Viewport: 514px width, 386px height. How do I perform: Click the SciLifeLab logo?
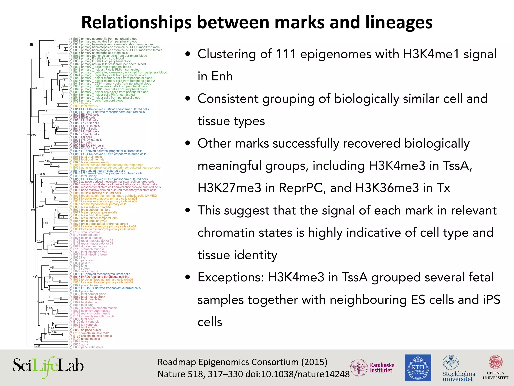coord(48,367)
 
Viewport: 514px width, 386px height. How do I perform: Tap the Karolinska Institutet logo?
coord(372,368)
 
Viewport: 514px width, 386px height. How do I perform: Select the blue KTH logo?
coord(418,368)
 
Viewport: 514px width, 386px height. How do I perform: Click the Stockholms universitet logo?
coord(459,368)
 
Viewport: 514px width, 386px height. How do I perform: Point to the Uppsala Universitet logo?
coord(495,367)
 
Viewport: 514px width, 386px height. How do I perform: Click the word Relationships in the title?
coord(137,23)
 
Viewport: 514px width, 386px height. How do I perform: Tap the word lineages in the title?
coord(399,23)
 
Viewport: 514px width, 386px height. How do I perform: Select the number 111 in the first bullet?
coord(286,54)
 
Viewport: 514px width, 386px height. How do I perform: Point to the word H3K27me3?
coord(229,188)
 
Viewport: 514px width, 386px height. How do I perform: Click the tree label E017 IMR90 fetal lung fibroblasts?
coord(101,277)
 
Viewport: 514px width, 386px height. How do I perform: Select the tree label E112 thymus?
coord(82,103)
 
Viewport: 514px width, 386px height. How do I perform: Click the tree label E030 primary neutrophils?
coord(105,39)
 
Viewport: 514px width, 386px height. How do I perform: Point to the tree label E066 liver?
coord(80,258)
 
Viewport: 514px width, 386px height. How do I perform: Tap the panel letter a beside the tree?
coord(31,45)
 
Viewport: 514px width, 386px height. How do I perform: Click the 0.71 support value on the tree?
coord(61,217)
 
